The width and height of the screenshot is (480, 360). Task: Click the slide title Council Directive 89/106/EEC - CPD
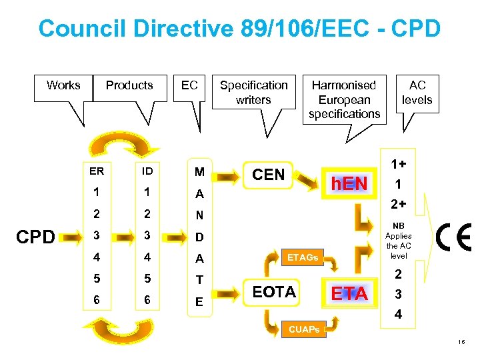[239, 29]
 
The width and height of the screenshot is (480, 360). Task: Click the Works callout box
[63, 85]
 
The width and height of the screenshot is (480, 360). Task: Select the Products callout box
[129, 85]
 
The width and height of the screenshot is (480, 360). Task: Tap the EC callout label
[189, 85]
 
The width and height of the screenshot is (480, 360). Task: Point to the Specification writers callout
[253, 93]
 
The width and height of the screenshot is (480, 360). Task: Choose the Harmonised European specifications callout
[344, 99]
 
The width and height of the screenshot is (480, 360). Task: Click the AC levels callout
[417, 93]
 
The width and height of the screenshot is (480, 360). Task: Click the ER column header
[97, 171]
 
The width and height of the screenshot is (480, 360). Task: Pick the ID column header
[147, 171]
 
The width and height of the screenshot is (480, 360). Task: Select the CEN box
[267, 175]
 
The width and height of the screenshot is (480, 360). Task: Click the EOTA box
[275, 291]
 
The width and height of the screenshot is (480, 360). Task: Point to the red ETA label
[349, 293]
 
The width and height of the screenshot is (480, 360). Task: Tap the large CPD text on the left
[35, 237]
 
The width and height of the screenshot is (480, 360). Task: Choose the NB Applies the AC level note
[399, 241]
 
